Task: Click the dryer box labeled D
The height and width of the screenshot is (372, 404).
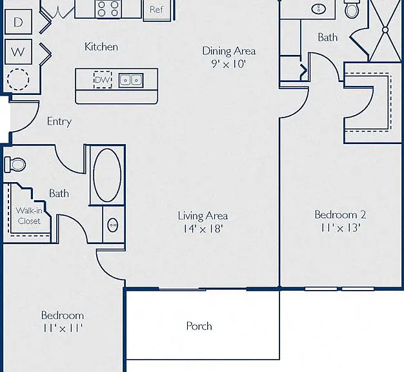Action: [18, 22]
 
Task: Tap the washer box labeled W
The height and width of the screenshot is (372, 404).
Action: [18, 52]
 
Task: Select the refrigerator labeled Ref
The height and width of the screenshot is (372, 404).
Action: [157, 10]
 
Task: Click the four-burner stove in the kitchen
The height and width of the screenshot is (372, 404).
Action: [108, 9]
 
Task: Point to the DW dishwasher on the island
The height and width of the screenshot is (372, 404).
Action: [103, 79]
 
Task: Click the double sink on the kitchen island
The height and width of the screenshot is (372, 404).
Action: [131, 80]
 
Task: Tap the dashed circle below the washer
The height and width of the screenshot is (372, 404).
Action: [18, 79]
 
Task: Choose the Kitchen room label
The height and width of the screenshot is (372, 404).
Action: [101, 46]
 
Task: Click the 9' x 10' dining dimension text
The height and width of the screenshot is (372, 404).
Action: [228, 64]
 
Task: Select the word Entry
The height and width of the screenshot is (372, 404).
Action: [59, 121]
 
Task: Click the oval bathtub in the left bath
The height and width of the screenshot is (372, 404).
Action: [107, 175]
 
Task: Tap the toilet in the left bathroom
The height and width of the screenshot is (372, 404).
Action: [15, 164]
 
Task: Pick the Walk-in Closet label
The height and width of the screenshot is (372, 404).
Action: [29, 216]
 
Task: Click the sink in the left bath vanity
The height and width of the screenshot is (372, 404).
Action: [113, 225]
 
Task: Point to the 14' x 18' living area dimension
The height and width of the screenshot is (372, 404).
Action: [203, 229]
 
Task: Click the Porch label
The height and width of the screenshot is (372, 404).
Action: [199, 326]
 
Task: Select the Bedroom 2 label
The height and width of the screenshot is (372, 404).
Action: [340, 214]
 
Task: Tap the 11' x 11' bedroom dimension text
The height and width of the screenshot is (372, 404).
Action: [63, 328]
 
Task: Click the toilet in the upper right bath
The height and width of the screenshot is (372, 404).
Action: [352, 9]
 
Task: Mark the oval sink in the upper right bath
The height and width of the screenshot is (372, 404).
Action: [319, 9]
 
